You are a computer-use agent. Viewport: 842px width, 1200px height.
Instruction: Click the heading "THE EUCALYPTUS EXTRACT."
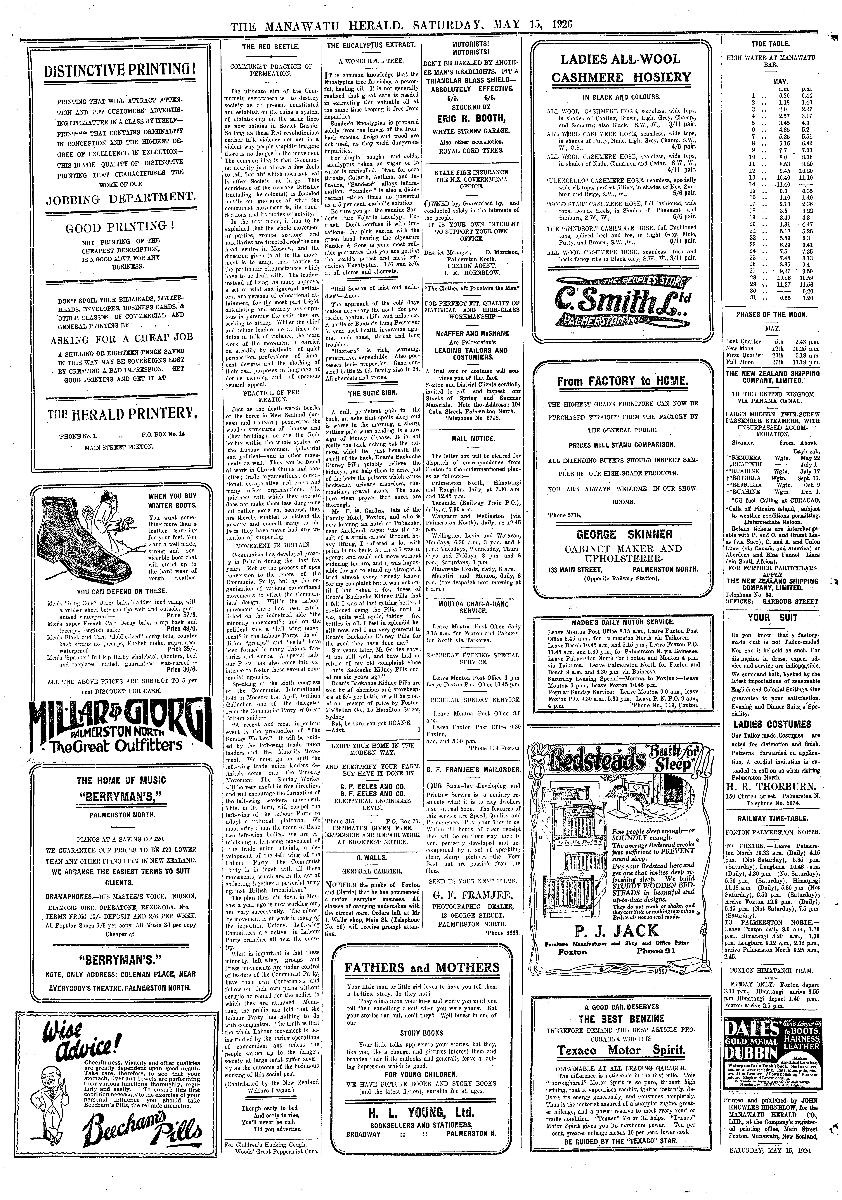pos(371,46)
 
